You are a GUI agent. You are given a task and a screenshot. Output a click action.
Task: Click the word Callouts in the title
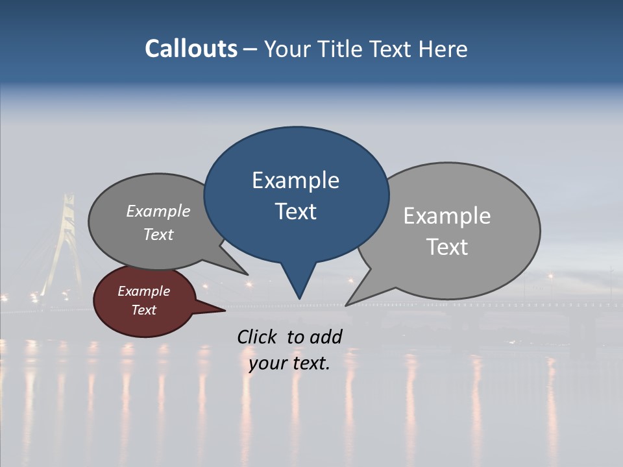click(x=191, y=49)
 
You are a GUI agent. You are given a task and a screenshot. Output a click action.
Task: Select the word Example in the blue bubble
click(x=295, y=180)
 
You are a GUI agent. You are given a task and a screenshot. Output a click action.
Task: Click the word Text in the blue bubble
click(x=295, y=211)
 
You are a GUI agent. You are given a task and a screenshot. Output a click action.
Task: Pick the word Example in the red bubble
click(x=143, y=291)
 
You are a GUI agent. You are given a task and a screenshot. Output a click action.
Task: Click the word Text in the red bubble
click(x=143, y=310)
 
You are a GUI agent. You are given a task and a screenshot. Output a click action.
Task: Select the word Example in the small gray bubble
click(x=158, y=211)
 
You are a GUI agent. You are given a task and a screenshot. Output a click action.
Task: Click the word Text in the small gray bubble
click(x=158, y=234)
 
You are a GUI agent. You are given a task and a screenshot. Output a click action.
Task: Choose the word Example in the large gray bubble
click(x=446, y=215)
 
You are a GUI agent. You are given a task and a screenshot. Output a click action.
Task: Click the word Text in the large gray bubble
click(x=447, y=247)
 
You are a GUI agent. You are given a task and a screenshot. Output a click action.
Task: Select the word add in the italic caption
click(x=326, y=337)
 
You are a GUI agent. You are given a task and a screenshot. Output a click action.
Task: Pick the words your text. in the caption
click(x=289, y=363)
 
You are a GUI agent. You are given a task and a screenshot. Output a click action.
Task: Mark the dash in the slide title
click(x=250, y=49)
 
